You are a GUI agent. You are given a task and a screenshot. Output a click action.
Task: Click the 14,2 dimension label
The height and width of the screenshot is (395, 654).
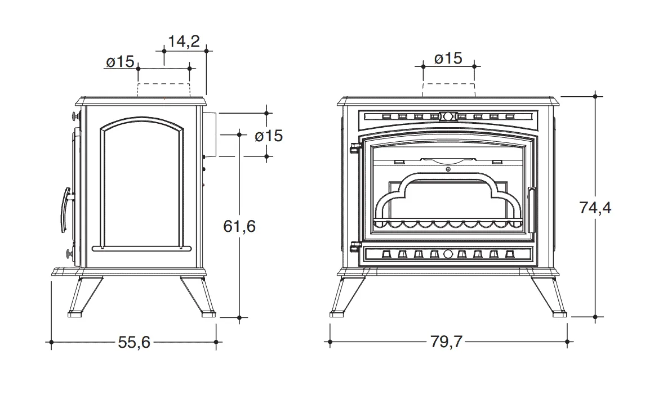pos(184,41)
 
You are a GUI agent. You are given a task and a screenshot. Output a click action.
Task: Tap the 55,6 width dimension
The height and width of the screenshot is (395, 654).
pos(134,343)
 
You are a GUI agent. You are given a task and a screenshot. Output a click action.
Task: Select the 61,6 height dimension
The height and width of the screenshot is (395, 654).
pos(239,226)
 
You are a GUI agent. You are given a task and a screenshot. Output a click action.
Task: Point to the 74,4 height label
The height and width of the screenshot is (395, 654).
pos(595,208)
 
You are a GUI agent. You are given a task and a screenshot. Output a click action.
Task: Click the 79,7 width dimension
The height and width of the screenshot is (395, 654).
pos(446,342)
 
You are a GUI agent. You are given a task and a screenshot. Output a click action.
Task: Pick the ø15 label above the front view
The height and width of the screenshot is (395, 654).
pos(448,59)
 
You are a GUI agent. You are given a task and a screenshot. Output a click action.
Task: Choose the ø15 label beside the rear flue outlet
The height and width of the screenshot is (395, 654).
pos(269,136)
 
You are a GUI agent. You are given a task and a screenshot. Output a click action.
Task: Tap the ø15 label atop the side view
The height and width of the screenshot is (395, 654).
pos(120,62)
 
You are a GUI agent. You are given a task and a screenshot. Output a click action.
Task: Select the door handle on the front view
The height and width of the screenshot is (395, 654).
pos(532,210)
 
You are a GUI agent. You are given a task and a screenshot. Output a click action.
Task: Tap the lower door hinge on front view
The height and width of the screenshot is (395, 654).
pos(354,246)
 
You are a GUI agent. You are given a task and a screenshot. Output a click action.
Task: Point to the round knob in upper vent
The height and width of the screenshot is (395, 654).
pos(448,116)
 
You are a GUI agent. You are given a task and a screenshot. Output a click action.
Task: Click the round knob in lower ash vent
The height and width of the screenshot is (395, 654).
pos(448,254)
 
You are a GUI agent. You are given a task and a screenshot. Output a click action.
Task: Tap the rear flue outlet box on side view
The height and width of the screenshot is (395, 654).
pos(210,134)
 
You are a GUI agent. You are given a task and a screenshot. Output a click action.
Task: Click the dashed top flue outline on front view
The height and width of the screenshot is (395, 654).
pos(449,89)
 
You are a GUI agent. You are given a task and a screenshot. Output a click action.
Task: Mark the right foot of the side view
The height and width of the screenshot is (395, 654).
pos(208,313)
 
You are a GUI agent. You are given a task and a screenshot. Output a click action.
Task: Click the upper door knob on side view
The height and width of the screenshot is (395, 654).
pos(75,115)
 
